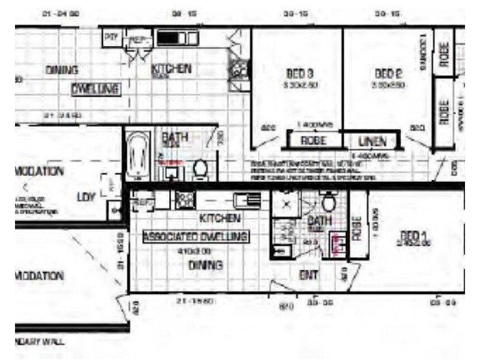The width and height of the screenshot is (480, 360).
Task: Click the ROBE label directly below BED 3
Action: coord(313,142)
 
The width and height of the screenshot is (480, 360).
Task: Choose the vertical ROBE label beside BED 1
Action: coord(358,229)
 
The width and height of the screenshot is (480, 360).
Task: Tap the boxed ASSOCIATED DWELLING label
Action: coord(196,237)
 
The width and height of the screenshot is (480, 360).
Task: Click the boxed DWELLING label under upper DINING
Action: coord(96,89)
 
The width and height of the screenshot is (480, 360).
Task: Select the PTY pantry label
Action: coord(111,37)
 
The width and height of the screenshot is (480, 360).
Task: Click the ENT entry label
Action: coord(308,275)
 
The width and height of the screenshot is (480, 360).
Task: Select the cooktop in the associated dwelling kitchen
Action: coord(185,199)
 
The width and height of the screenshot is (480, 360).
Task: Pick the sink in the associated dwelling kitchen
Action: coord(245,200)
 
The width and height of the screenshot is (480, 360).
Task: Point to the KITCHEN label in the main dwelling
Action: coord(171,68)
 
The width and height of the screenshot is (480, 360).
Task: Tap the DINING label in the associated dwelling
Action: coord(206,265)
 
